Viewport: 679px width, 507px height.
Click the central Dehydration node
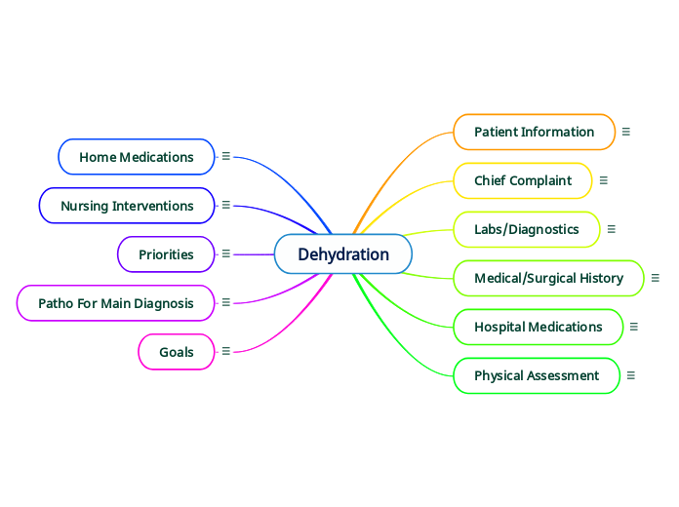(343, 254)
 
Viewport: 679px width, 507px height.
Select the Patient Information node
(534, 132)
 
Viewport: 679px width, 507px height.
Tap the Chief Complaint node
(523, 180)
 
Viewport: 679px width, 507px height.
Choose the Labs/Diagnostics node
(527, 229)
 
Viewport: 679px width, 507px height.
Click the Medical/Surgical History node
(548, 278)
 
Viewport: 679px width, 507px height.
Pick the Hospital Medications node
(538, 327)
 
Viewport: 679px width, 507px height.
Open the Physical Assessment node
(537, 375)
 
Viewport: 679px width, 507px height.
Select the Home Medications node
(137, 157)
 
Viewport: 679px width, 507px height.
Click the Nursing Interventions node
(127, 206)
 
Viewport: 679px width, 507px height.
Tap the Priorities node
(166, 254)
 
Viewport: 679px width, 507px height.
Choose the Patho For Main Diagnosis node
(116, 303)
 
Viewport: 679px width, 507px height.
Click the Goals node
(177, 352)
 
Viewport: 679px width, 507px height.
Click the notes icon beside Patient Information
(626, 132)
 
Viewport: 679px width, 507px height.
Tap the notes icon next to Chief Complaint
(604, 180)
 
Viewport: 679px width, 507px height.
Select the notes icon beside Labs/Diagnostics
(612, 229)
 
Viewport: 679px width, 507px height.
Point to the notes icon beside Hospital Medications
(634, 327)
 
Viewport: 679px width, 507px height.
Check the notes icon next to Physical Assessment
(631, 375)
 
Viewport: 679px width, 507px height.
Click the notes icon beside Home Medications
(226, 155)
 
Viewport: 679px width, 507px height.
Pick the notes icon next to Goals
(226, 351)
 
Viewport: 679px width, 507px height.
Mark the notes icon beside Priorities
(226, 253)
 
